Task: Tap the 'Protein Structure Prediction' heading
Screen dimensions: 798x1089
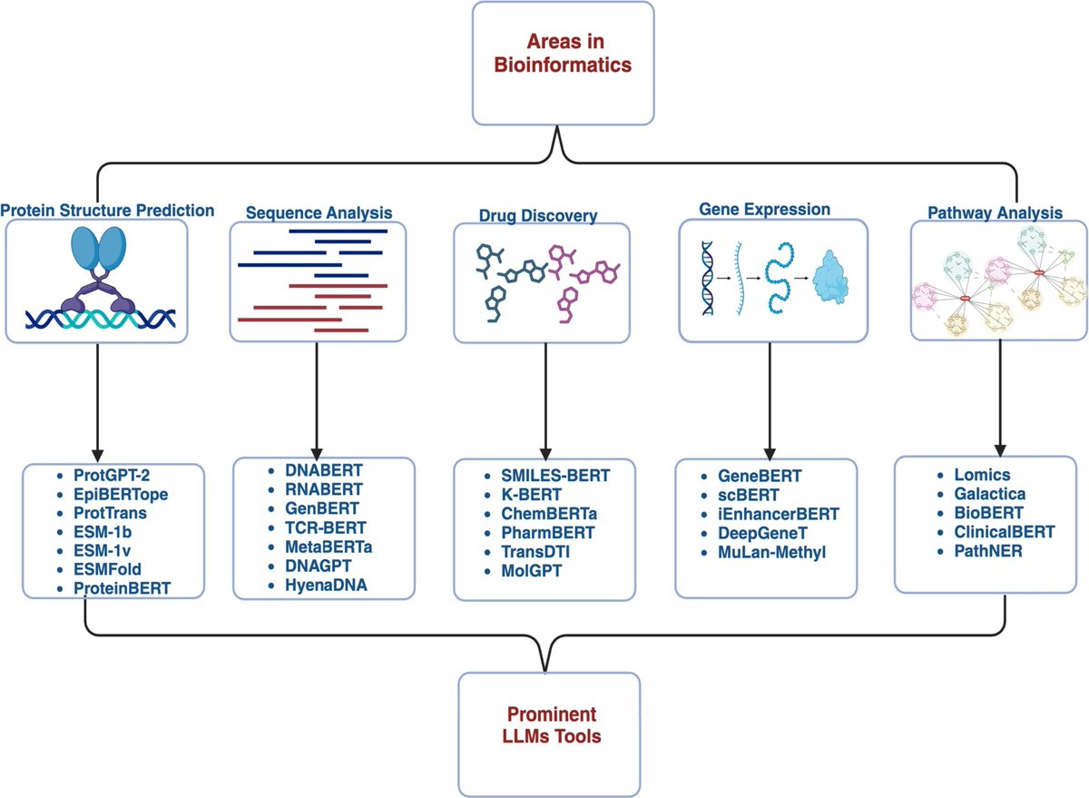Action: (107, 211)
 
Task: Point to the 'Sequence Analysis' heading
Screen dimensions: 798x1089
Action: (319, 213)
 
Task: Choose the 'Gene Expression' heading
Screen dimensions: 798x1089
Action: (764, 209)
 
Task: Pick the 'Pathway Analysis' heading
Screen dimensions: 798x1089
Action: (995, 213)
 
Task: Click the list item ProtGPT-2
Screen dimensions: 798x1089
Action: (117, 475)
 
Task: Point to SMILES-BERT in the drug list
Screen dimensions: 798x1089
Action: (555, 475)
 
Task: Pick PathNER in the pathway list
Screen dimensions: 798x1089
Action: (975, 551)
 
